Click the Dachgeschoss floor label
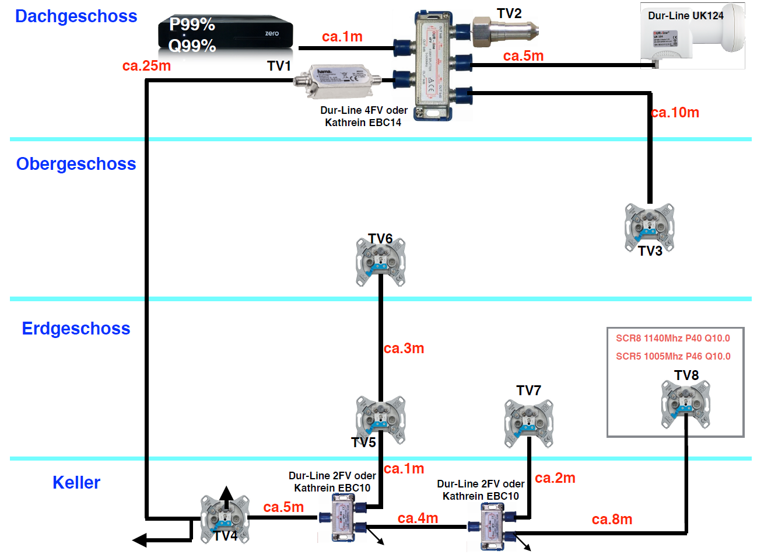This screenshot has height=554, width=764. point(76,16)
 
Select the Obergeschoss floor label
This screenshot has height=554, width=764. point(76,164)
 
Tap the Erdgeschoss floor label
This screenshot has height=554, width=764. point(76,329)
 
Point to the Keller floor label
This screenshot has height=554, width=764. point(76,483)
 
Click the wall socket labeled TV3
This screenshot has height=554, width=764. point(649,227)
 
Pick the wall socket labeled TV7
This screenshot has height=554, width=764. point(528,423)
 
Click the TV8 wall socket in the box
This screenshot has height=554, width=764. point(685,403)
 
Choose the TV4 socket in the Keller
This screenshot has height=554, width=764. point(225,518)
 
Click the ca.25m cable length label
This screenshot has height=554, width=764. point(146,66)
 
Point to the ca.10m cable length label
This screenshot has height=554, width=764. point(675,113)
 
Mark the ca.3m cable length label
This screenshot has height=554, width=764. point(404,349)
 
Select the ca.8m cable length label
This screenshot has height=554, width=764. point(612,520)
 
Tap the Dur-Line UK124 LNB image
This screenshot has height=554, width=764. point(692,36)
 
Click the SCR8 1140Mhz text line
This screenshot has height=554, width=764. point(673,339)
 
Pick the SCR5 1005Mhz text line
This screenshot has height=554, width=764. point(673,357)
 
